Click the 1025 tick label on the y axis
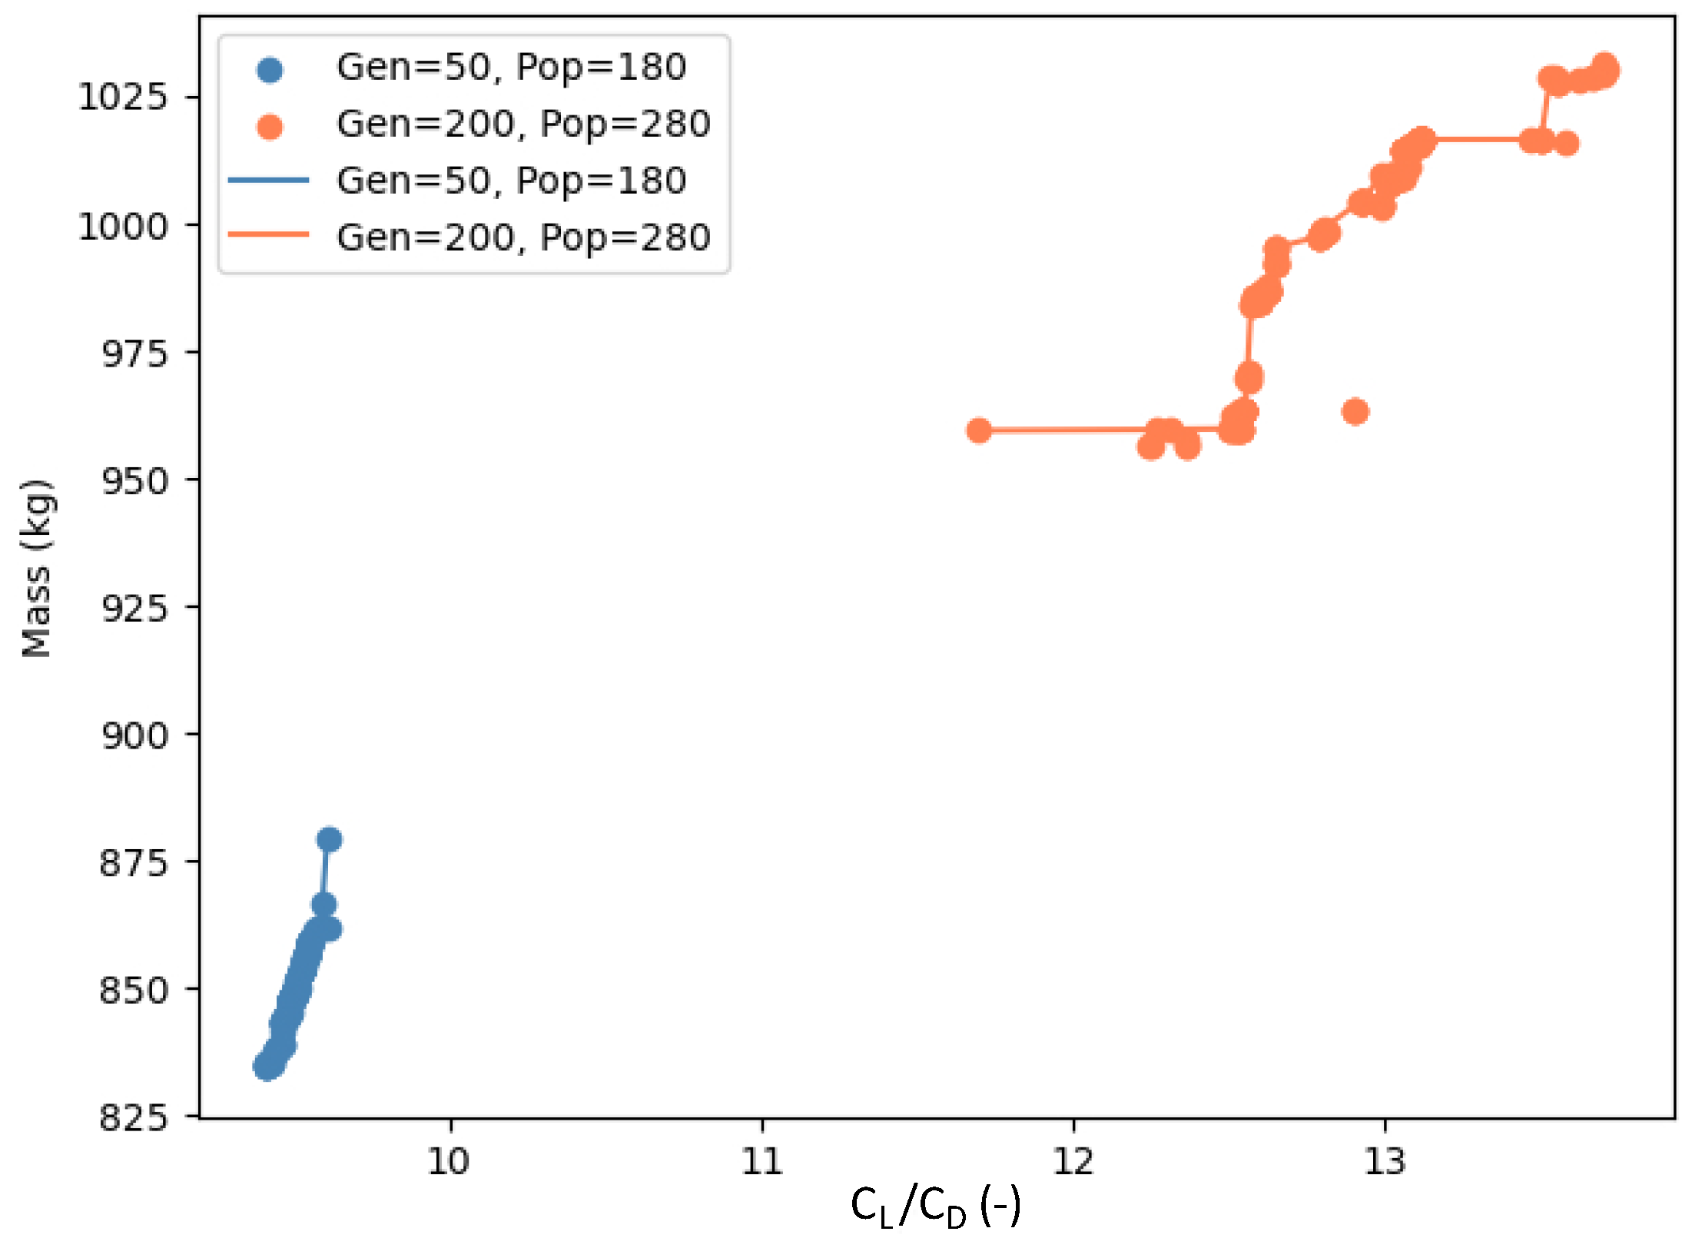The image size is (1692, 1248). pyautogui.click(x=122, y=98)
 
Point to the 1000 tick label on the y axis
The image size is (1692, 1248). pyautogui.click(x=122, y=227)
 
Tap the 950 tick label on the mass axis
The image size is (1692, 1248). pyautogui.click(x=134, y=482)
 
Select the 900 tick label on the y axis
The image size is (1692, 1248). pyautogui.click(x=134, y=736)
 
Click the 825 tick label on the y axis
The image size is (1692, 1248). pyautogui.click(x=134, y=1117)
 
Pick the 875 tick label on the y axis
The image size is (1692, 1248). pyautogui.click(x=134, y=863)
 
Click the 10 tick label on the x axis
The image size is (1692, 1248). pyautogui.click(x=449, y=1161)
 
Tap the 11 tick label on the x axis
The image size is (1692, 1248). pyautogui.click(x=761, y=1161)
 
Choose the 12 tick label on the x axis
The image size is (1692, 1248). pyautogui.click(x=1073, y=1161)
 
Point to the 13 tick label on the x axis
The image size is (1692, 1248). pyautogui.click(x=1385, y=1161)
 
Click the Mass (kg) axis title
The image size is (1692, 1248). pyautogui.click(x=36, y=569)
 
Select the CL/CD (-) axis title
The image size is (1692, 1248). pyautogui.click(x=935, y=1207)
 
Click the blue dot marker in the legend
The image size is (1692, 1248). pyautogui.click(x=269, y=70)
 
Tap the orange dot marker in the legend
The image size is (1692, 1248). pyautogui.click(x=269, y=126)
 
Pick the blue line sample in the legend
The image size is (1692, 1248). pyautogui.click(x=269, y=181)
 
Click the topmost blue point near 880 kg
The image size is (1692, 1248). pyautogui.click(x=329, y=839)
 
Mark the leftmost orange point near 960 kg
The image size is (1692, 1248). pyautogui.click(x=978, y=430)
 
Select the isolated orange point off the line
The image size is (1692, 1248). pyautogui.click(x=1355, y=412)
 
